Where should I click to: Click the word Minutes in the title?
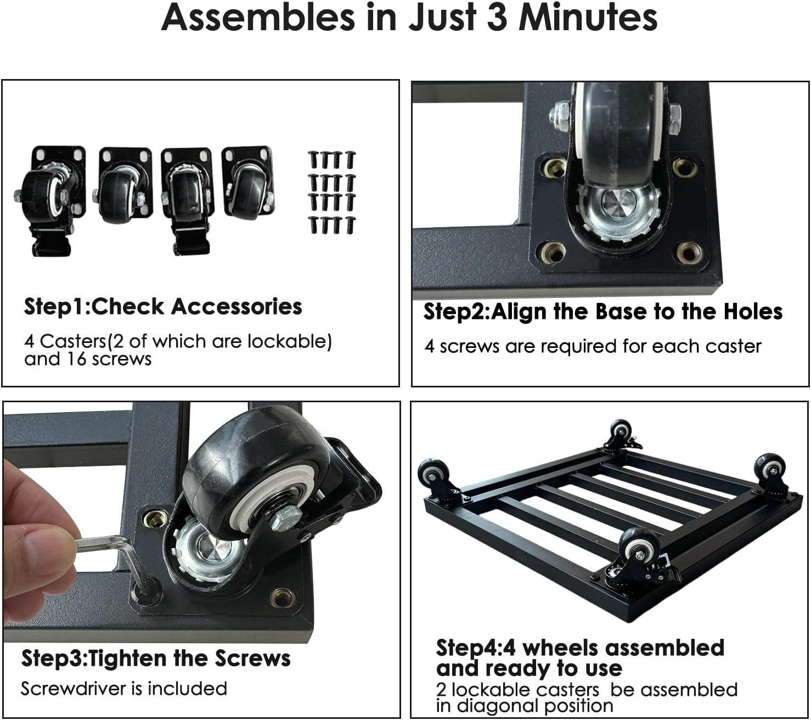[x=588, y=19]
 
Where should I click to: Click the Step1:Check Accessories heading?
[x=163, y=307]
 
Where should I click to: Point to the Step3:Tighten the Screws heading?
[x=156, y=659]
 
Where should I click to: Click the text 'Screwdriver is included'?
[x=123, y=689]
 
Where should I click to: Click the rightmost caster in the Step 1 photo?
[x=248, y=182]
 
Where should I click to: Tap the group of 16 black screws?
[x=332, y=192]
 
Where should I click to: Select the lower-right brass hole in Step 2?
[x=689, y=252]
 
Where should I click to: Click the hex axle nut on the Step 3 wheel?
[x=286, y=516]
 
